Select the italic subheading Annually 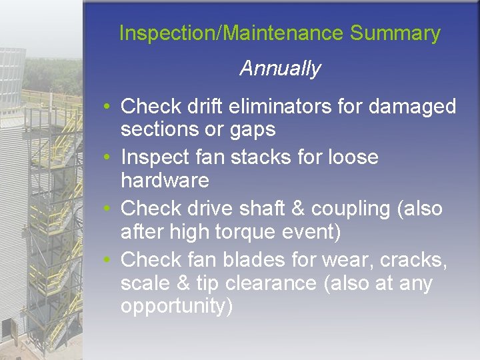(x=280, y=69)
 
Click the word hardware (x=165, y=181)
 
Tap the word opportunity (x=176, y=307)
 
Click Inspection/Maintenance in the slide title (x=231, y=33)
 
